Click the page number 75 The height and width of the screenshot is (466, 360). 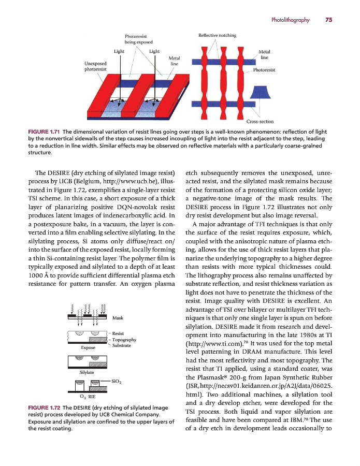(x=328, y=20)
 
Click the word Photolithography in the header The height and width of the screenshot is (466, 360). (x=290, y=20)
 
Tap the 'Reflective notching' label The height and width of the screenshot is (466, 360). (x=218, y=36)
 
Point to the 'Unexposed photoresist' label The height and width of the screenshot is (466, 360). (x=96, y=66)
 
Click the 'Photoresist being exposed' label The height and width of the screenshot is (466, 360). (x=139, y=39)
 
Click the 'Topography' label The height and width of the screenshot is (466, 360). (x=124, y=340)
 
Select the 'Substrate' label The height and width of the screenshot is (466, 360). (x=121, y=345)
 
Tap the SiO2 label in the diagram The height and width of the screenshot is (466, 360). (x=117, y=382)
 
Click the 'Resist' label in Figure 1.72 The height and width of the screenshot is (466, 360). (x=118, y=333)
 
